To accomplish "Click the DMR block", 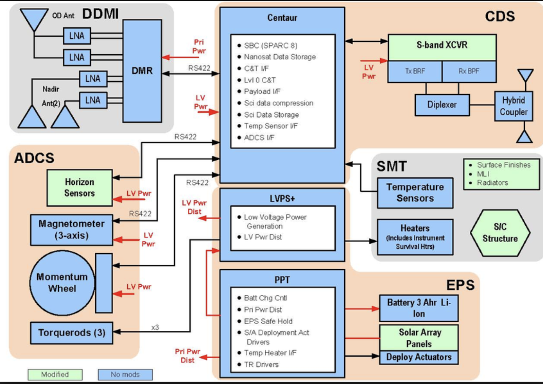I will coord(142,71).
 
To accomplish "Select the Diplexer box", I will coord(442,105).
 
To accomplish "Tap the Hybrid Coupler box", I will coord(513,106).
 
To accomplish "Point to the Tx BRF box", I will coord(415,72).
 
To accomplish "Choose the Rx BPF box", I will coord(469,72).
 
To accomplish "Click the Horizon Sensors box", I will coord(79,188).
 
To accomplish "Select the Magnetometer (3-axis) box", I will coord(71,230).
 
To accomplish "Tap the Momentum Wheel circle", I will coord(62,283).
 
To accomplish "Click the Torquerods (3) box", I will coord(71,333).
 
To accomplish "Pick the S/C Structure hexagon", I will coord(500,233).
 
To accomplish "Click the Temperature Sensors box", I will coord(415,193).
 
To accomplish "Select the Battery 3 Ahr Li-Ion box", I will coord(418,308).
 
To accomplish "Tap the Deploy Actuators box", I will coord(418,357).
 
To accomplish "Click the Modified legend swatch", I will coord(55,375).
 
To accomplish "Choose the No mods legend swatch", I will coord(125,375).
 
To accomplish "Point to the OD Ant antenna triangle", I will coord(34,19).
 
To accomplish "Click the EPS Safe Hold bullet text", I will coord(268,321).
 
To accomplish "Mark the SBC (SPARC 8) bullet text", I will coord(270,46).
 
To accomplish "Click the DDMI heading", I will coord(100,14).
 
